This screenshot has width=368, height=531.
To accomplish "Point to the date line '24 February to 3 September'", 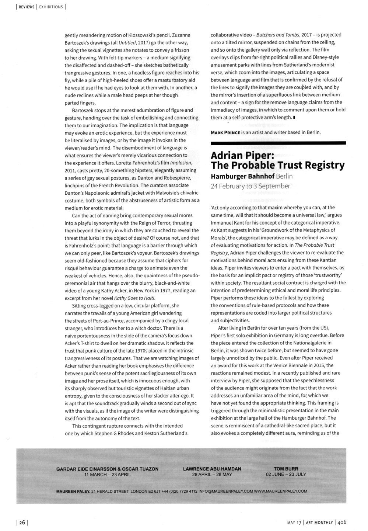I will click(x=250, y=186).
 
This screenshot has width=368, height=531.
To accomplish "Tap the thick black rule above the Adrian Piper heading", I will click(x=278, y=142).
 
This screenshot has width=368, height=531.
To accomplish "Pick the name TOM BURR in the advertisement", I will click(x=286, y=469).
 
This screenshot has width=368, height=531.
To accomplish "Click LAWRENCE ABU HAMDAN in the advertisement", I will click(x=212, y=469).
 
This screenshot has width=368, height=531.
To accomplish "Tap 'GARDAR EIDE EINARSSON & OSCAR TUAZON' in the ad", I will click(x=107, y=469).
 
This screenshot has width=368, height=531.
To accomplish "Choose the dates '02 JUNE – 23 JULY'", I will click(x=286, y=474).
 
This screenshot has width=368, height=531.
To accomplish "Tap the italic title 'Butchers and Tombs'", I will click(x=276, y=35).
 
